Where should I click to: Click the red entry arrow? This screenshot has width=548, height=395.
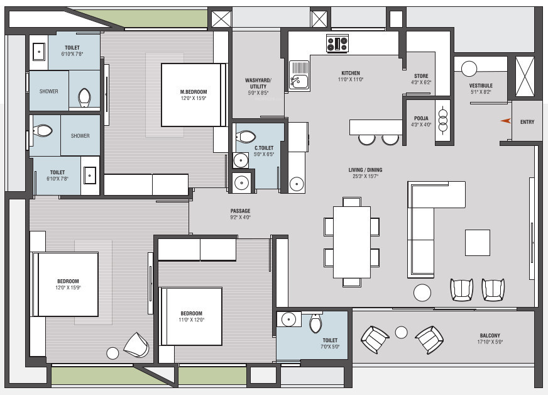505,121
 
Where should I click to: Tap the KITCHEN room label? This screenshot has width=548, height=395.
351,73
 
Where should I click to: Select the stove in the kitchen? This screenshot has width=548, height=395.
337,43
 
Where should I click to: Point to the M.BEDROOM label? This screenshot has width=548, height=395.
193,92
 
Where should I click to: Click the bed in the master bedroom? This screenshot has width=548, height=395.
193,94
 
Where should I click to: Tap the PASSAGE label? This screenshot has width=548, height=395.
240,211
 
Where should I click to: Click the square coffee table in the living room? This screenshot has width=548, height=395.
477,242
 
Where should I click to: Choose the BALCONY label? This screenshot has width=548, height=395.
491,336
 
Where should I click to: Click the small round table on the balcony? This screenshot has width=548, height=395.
402,331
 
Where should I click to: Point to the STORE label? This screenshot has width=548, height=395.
421,76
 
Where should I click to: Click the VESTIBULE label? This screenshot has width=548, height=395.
481,86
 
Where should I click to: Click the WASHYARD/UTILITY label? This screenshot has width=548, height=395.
258,83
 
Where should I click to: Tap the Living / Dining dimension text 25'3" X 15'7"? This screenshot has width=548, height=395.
365,177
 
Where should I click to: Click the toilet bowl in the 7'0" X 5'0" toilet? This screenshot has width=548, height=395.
315,323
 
